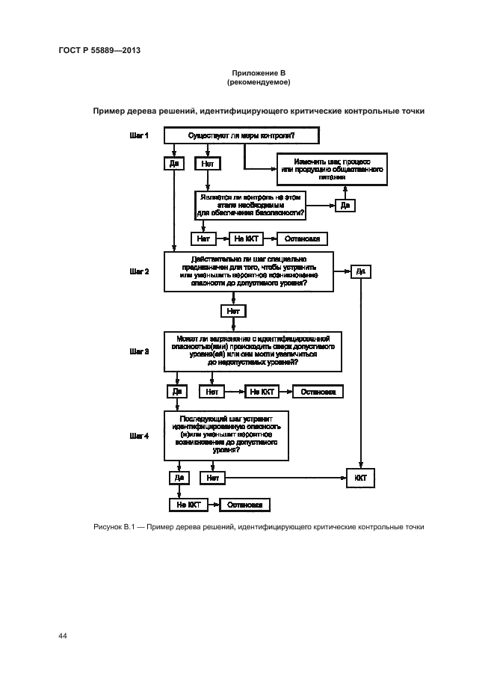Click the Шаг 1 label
point(140,135)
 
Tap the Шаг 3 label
point(140,350)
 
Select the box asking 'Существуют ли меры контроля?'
point(241,135)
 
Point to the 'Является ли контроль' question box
point(251,205)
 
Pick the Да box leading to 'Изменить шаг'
point(345,205)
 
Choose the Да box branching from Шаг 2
point(360,271)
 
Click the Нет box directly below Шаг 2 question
point(234,310)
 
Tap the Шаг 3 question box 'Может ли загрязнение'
point(253,351)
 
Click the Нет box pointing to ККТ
point(212,476)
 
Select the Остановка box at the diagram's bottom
point(244,505)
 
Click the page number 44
point(63,635)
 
